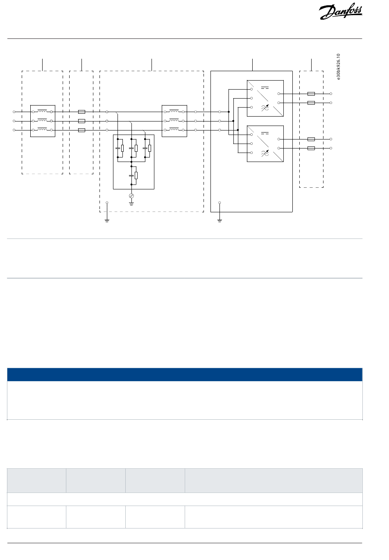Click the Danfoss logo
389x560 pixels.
341,12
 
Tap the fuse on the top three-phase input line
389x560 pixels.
81,112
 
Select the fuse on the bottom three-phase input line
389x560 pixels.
81,130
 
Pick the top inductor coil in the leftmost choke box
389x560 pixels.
42,111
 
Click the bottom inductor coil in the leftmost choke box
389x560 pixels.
42,129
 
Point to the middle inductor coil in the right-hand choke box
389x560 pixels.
174,120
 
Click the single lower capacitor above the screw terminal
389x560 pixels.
131,175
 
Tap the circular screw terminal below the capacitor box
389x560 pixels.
131,196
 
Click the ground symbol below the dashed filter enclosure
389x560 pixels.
107,220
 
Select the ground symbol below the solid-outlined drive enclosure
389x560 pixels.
220,220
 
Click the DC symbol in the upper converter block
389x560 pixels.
265,87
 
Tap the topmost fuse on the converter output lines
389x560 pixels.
311,94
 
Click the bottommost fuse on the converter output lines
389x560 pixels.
311,148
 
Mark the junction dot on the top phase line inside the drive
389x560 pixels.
229,112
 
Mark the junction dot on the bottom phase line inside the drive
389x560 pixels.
238,130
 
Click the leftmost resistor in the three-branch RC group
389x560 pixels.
122,148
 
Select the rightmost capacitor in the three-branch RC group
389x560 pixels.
145,148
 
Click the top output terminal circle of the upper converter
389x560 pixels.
278,94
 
